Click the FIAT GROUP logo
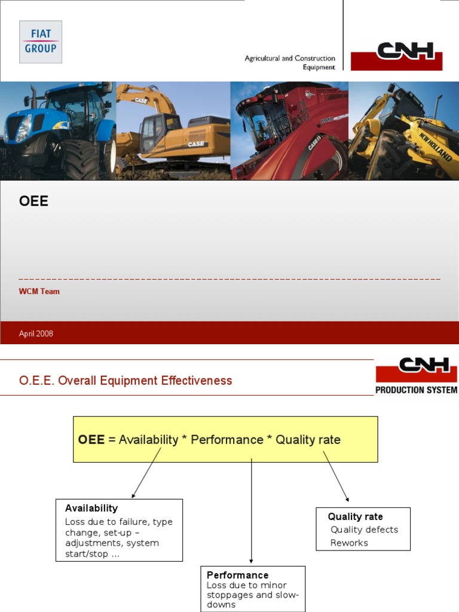coord(41,42)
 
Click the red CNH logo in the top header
coord(396,56)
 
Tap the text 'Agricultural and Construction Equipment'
coord(290,63)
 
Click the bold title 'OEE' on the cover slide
coord(33,201)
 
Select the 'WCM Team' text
coord(39,292)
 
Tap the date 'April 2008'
coord(36,333)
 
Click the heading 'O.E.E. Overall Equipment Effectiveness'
coord(126,381)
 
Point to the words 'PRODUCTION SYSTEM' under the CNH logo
coord(416,390)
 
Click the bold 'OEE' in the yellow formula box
coord(91,440)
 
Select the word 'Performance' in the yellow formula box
coord(227,440)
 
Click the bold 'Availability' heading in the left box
coord(91,508)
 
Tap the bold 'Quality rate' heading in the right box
coord(355,516)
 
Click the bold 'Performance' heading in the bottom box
coord(237,575)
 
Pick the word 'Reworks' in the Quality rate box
coord(349,543)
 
